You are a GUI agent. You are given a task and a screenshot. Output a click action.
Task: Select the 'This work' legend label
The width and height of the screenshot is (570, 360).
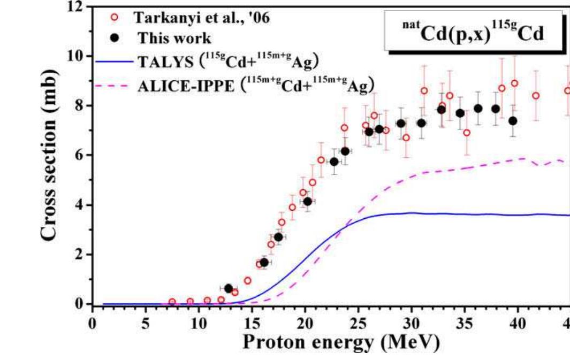tap(174, 39)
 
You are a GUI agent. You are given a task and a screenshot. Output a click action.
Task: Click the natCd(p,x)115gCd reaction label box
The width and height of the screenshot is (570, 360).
tap(473, 33)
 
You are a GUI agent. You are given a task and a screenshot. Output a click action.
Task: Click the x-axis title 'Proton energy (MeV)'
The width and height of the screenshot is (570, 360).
tap(341, 342)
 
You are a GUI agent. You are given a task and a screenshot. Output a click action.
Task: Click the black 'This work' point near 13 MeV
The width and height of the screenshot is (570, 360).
tap(229, 288)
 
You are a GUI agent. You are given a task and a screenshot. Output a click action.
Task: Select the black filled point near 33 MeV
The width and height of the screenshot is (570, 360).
tap(442, 110)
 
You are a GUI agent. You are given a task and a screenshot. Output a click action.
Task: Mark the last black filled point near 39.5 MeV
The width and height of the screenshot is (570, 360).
tap(513, 121)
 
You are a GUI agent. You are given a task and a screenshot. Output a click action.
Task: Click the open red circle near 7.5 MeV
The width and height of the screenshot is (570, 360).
tap(172, 302)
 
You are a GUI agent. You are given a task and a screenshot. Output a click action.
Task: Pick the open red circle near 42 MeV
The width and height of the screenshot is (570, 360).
tap(536, 96)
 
